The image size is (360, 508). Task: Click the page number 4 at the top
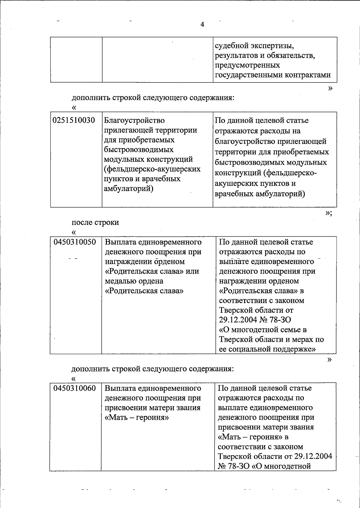point(202,25)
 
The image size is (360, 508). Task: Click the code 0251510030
point(74,121)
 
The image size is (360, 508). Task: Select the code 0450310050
point(75,242)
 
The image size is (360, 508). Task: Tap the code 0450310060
point(75,388)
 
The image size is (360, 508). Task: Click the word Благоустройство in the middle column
point(134,121)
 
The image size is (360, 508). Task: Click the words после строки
point(95,222)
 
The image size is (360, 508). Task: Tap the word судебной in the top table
point(231,46)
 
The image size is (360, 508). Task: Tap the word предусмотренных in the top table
point(247,65)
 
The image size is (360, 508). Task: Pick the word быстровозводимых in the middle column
point(139,150)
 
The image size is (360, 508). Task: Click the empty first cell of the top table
point(76,59)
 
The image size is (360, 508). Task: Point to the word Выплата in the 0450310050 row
point(119,242)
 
